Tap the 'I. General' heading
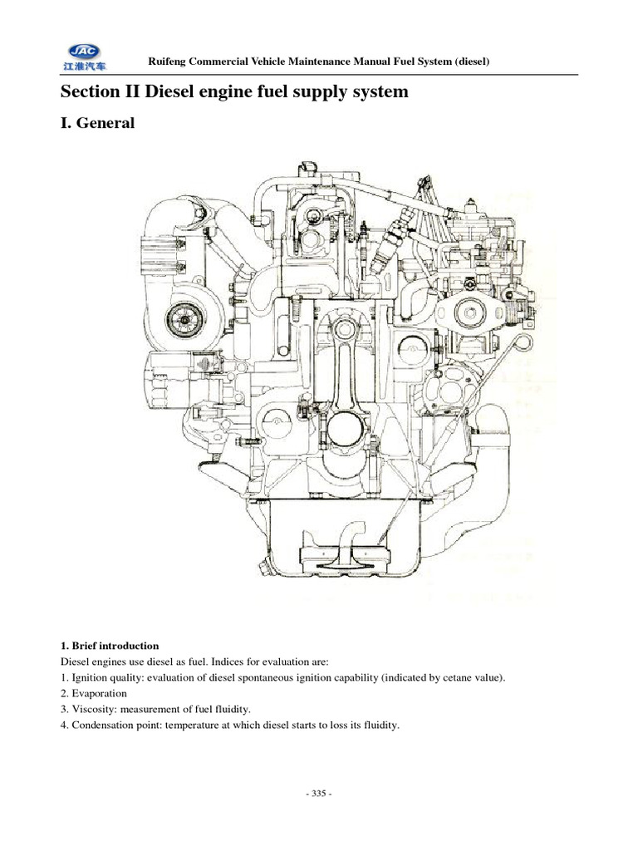[96, 124]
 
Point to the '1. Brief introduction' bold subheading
[109, 645]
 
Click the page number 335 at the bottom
[319, 794]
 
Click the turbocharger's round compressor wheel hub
[179, 316]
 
